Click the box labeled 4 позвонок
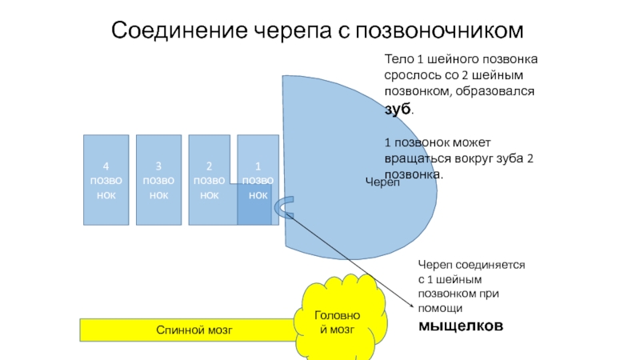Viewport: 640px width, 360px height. coord(106,179)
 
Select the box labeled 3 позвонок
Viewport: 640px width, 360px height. coord(158,179)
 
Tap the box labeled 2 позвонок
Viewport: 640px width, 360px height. coord(210,179)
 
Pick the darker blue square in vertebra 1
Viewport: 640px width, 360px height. coord(254,205)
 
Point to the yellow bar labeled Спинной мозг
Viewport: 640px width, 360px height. coord(188,330)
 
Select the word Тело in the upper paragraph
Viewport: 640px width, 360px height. coord(398,61)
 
